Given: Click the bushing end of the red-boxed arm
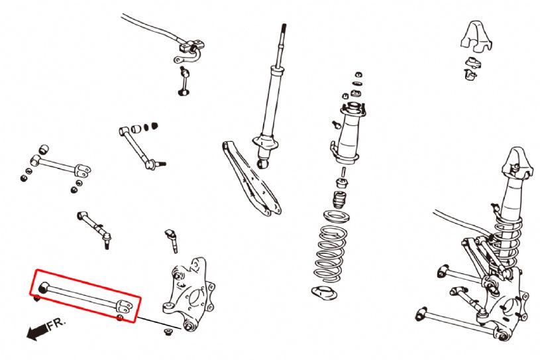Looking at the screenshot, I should [43, 287].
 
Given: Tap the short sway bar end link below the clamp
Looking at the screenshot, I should [182, 80].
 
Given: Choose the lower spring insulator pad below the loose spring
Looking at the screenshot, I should [326, 293].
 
